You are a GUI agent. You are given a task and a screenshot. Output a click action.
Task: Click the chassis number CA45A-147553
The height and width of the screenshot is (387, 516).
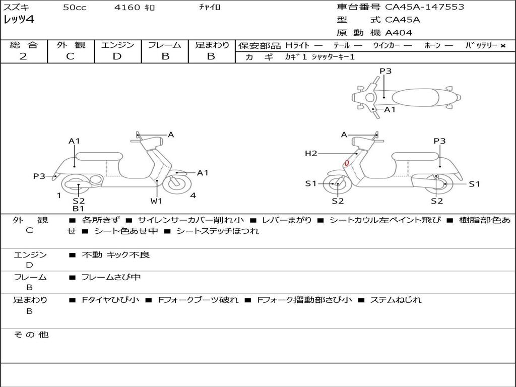pos(424,7)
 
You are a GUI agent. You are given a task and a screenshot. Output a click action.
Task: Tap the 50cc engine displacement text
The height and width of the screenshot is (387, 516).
pos(75,8)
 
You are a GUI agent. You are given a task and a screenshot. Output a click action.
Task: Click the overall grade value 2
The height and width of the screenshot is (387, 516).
pos(23,56)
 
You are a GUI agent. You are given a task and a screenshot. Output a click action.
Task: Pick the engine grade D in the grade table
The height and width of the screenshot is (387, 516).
pos(117,56)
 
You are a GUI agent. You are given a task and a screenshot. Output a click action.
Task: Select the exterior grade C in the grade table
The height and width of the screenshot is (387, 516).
pos(70,56)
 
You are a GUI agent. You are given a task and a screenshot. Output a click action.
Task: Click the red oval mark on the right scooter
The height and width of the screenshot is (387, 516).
pos(347,163)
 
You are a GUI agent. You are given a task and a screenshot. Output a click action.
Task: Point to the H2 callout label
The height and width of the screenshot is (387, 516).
pos(311,153)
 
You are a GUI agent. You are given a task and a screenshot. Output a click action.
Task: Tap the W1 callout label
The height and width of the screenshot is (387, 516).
pos(157,201)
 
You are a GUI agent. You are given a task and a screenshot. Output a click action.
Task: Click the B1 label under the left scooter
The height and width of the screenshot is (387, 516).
pos(78,208)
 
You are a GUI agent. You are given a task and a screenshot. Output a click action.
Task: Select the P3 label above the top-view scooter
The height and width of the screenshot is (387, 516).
pos(385,71)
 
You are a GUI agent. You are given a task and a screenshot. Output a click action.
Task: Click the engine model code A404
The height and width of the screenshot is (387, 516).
pos(399,33)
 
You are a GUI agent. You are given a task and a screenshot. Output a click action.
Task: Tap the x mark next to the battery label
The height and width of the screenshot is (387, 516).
pos(502,46)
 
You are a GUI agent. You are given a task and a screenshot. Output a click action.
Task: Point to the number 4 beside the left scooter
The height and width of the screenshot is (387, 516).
pos(193,196)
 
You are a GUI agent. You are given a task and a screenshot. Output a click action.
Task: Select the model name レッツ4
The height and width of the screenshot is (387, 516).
pos(19,20)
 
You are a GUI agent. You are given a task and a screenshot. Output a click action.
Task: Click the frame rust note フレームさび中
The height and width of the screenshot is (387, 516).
pos(111,277)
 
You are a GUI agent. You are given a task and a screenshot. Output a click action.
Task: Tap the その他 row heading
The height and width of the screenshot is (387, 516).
pos(31,335)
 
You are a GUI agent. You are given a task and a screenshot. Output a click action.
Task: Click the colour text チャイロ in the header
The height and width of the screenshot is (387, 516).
pos(210,8)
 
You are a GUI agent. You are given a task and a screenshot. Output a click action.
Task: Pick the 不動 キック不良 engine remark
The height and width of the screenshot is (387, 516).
pos(115,255)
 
